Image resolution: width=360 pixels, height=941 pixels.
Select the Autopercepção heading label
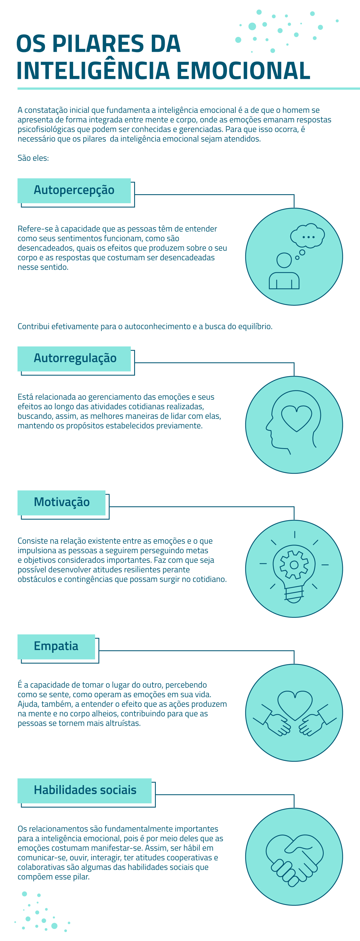pos(74,190)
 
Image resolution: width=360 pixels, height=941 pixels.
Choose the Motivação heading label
pos(61,502)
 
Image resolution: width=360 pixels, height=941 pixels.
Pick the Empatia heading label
pos(56,646)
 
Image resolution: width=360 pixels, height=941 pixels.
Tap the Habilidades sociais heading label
pos(85,790)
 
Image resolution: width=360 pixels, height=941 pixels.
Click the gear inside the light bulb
pos(294,565)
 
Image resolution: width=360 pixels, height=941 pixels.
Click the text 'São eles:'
pos(33,158)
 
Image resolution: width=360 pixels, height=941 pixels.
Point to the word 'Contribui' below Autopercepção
pos(33,326)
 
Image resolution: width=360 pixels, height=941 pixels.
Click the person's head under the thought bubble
pos(284,260)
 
